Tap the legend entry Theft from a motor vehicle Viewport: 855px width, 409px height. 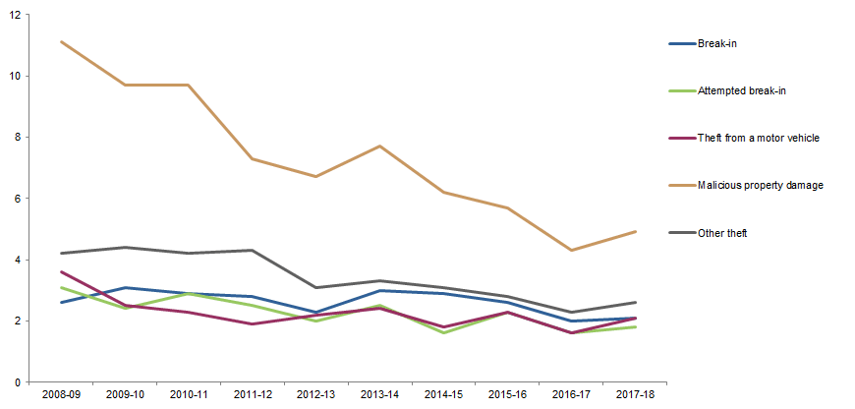(x=758, y=138)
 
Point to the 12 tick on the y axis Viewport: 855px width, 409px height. (x=16, y=15)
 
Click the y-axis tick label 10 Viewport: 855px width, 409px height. (x=16, y=76)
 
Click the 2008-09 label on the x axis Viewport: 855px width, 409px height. (x=61, y=394)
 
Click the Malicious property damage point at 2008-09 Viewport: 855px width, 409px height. (x=61, y=42)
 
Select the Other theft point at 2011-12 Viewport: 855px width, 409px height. (x=253, y=251)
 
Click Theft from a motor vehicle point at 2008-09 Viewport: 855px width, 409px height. (x=61, y=271)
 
